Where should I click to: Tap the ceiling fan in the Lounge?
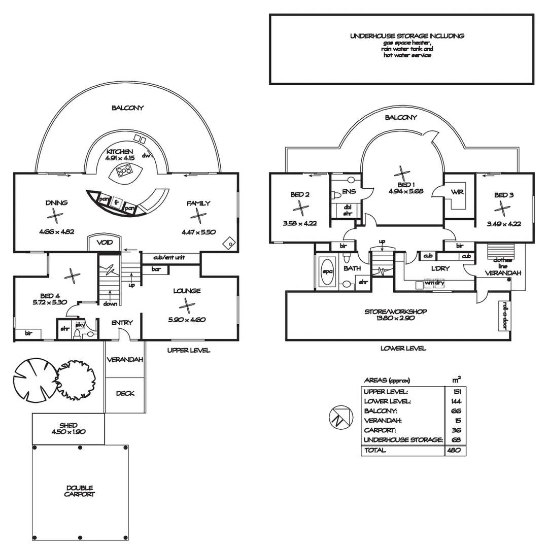[x=187, y=305]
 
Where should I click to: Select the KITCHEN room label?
[x=120, y=152]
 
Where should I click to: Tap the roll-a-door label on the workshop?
[x=505, y=316]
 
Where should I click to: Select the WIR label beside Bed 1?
[x=457, y=192]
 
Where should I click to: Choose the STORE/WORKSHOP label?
[x=396, y=312]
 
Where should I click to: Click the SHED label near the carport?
[x=68, y=425]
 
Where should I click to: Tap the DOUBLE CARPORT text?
[x=80, y=491]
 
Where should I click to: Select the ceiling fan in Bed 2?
[x=300, y=208]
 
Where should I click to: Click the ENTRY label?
[x=122, y=322]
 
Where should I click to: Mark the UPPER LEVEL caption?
[x=189, y=350]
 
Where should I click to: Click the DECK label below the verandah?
[x=125, y=393]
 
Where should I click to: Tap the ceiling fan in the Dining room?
[x=54, y=216]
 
